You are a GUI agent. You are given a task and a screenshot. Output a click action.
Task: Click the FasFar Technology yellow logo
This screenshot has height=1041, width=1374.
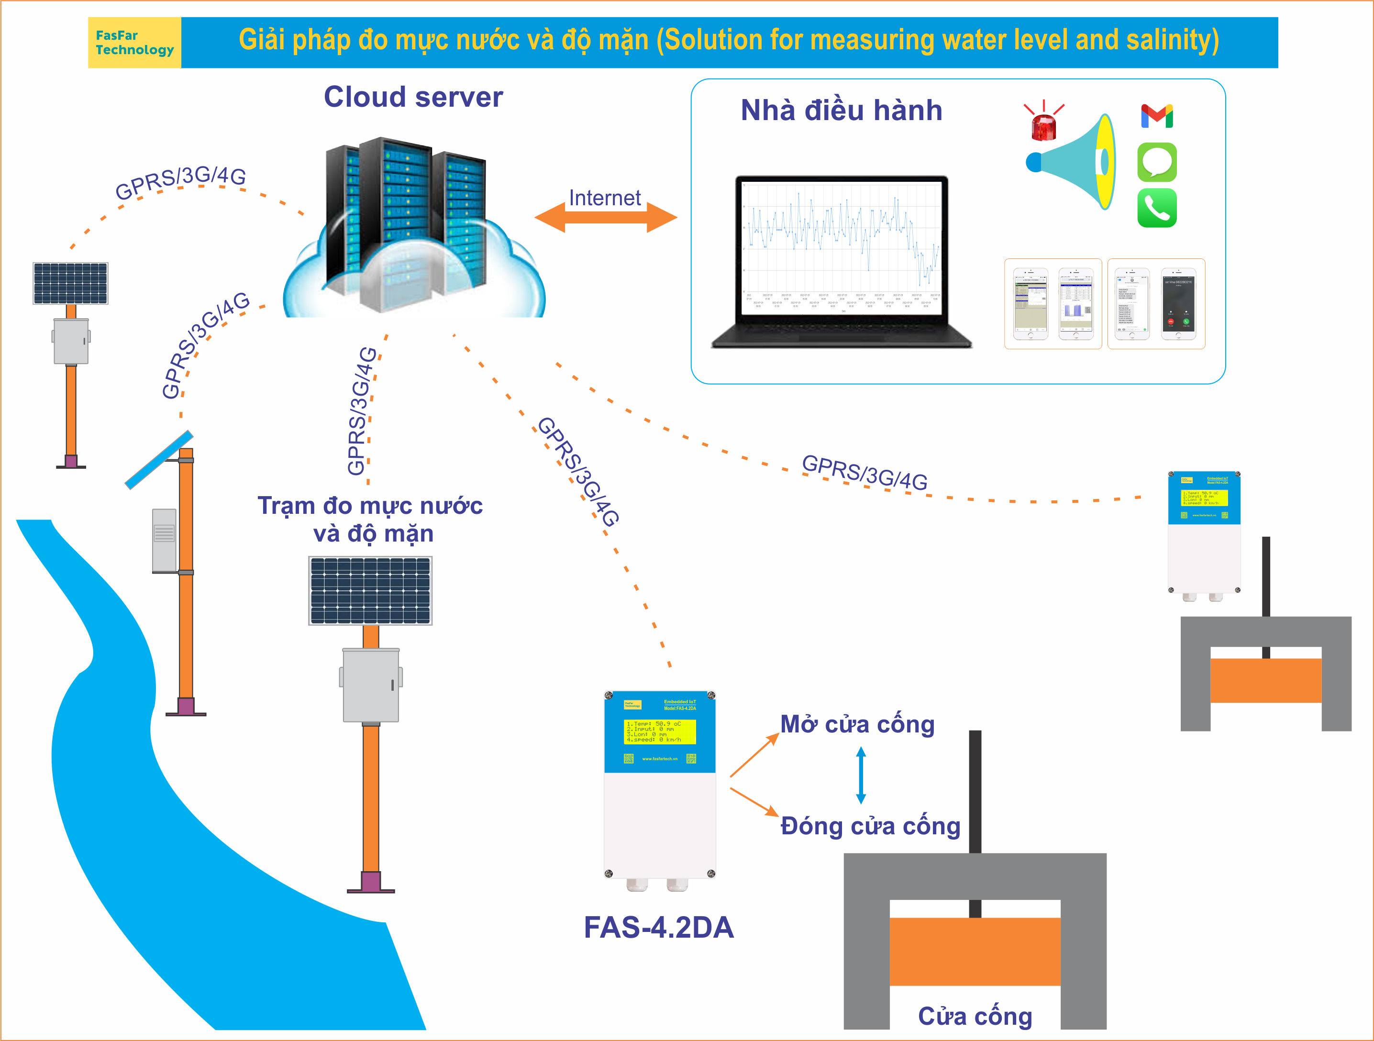click(134, 42)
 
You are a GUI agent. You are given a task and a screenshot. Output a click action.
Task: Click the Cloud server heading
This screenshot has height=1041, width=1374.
click(413, 97)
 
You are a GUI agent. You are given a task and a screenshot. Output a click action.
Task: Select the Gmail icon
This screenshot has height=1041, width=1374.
click(1157, 116)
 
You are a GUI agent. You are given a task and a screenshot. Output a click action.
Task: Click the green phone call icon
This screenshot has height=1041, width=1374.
click(1157, 208)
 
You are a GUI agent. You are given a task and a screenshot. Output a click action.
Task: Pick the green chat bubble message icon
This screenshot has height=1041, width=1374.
click(1157, 162)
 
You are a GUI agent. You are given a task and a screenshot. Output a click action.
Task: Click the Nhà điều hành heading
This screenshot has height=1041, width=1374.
click(842, 111)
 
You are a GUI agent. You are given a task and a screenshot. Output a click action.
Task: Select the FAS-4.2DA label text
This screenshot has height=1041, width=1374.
click(658, 927)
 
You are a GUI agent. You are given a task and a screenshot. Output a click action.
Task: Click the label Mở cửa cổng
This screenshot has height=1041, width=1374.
click(857, 724)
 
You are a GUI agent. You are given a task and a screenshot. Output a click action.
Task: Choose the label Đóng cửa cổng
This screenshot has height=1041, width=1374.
click(870, 826)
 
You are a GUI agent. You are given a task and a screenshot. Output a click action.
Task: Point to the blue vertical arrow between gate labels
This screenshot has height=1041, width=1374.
click(861, 775)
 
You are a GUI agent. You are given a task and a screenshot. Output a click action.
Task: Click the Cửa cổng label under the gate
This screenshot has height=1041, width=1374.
click(975, 1016)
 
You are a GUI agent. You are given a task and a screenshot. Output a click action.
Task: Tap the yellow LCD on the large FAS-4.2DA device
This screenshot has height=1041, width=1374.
click(660, 731)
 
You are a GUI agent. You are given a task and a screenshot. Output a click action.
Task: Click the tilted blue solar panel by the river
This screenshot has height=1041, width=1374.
click(159, 460)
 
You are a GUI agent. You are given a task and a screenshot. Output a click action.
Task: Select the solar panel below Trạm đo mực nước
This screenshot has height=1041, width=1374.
click(370, 590)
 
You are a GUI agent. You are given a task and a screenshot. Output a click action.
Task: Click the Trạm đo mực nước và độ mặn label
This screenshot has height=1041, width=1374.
click(371, 519)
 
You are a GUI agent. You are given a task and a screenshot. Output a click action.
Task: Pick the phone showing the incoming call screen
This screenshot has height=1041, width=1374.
click(1178, 304)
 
